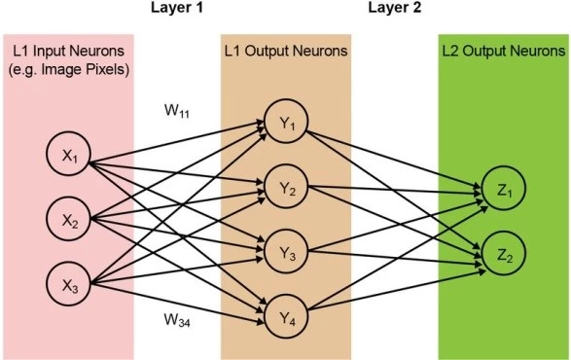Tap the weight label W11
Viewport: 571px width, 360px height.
click(177, 111)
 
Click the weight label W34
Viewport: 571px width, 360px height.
click(177, 320)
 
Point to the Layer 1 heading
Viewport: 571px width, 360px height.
click(177, 8)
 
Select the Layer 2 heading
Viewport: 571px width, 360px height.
click(395, 8)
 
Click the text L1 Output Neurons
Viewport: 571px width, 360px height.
click(286, 51)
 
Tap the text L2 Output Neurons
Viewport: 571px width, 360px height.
click(504, 51)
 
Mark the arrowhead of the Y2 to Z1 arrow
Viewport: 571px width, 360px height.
click(478, 192)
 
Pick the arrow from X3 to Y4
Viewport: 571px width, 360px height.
click(177, 304)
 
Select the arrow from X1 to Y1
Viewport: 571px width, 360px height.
click(177, 142)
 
